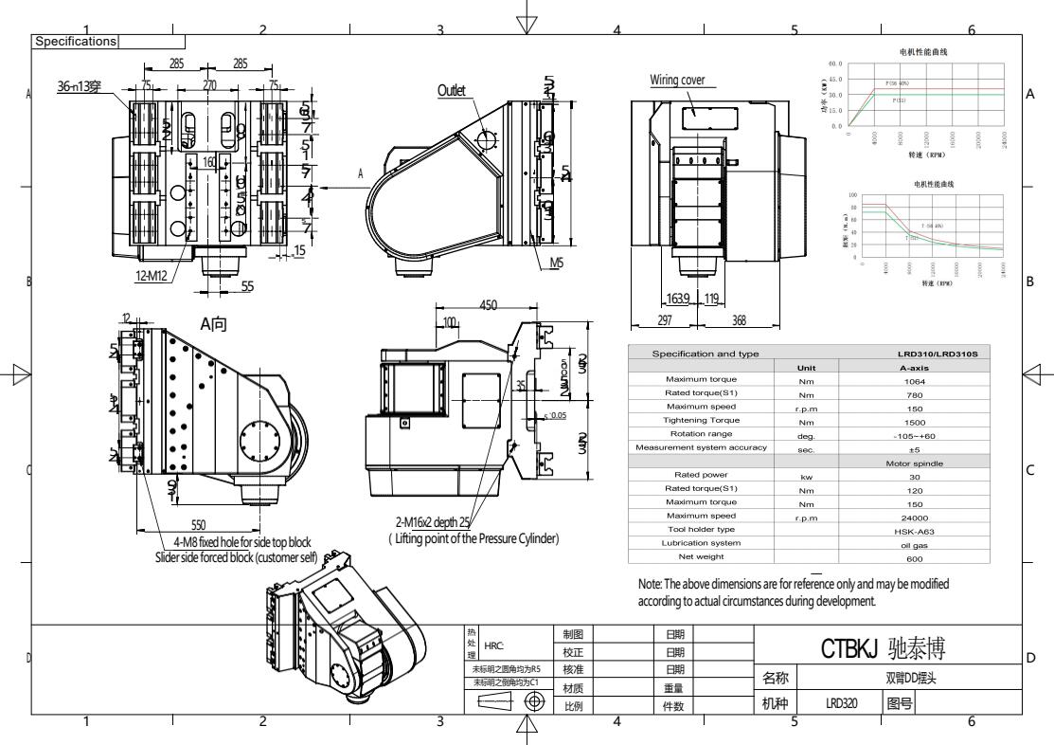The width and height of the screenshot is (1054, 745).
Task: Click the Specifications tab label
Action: coord(76,42)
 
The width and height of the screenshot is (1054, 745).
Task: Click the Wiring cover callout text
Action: coord(677,80)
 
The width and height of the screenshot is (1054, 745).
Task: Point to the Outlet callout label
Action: coord(452,90)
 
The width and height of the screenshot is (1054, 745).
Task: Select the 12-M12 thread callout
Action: coord(153,277)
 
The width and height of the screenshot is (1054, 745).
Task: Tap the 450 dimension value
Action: coord(488,305)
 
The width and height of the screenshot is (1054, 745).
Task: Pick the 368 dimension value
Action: coord(740,320)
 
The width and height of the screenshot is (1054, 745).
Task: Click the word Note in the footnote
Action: coord(651,585)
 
